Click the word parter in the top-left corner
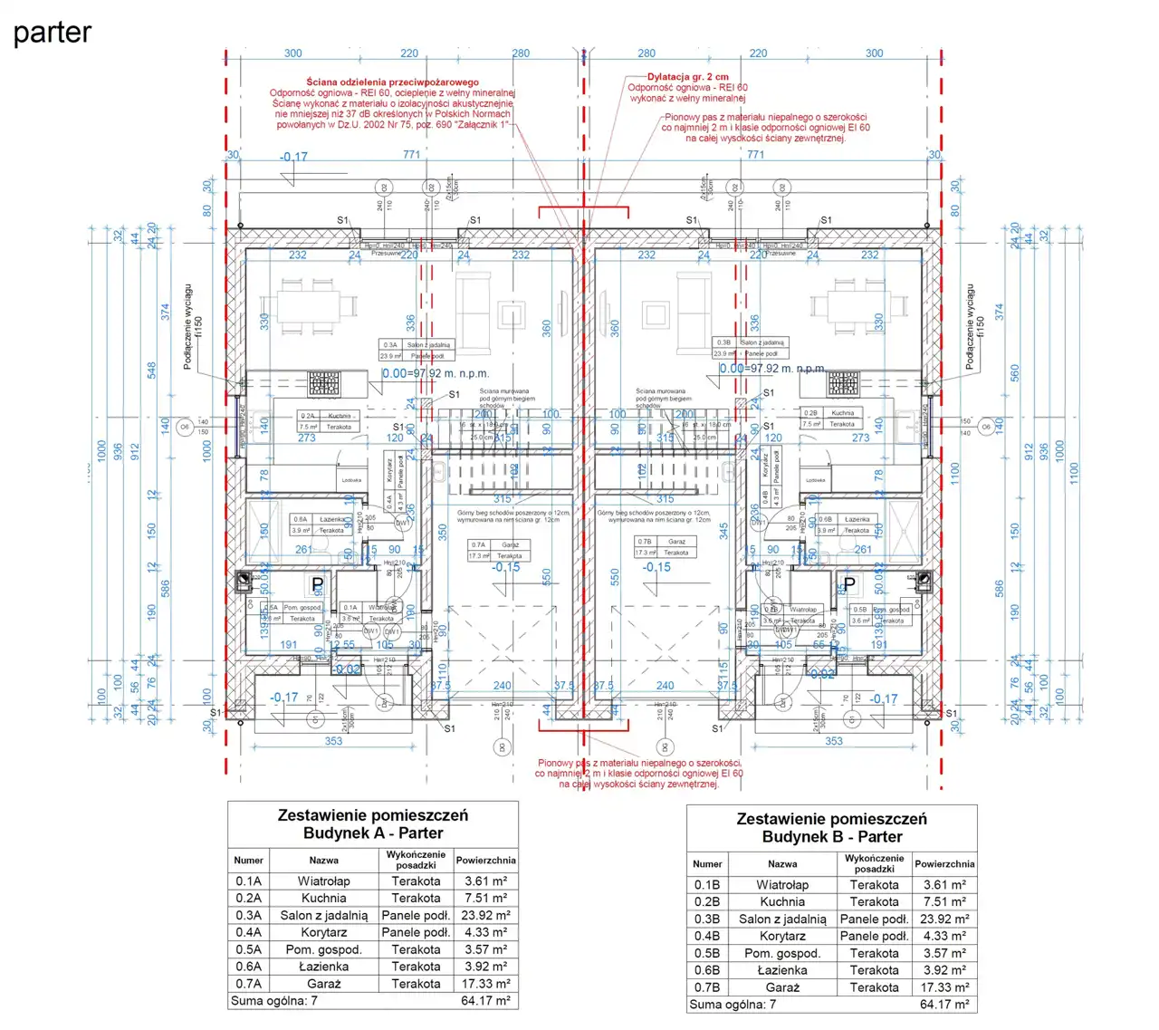pos(53,33)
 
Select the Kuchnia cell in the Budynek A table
pos(323,899)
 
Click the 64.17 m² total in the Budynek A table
pos(485,1001)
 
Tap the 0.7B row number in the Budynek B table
pos(707,987)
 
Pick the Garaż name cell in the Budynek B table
pos(782,987)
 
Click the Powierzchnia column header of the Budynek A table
pos(485,860)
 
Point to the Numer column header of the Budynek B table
pos(707,864)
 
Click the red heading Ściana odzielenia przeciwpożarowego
pos(392,82)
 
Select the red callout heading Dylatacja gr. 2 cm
pos(687,77)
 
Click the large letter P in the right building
pos(849,584)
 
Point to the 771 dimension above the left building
pos(412,155)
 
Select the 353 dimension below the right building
pos(833,741)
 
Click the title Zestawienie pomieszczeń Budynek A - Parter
pos(372,823)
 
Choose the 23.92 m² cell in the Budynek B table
pos(944,919)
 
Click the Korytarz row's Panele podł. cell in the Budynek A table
pos(416,932)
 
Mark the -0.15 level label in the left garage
pos(506,567)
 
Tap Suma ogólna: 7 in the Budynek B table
pos(733,1005)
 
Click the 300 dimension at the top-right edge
pos(874,53)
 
